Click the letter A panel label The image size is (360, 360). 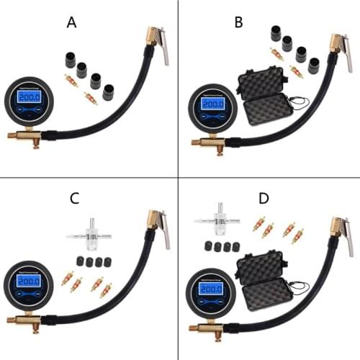pos(71,22)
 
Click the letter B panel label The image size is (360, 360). pos(238,22)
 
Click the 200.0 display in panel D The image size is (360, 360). pos(210,289)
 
